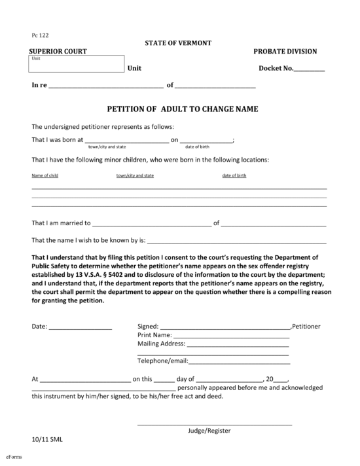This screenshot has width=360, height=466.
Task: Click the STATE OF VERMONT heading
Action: point(179,43)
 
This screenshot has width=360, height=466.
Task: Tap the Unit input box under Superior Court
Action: point(76,64)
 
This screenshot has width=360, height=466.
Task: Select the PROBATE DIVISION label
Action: point(285,52)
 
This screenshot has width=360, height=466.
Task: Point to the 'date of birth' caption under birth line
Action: point(197,147)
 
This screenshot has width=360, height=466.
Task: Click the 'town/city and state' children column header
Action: point(135,175)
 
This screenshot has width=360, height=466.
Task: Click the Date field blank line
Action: point(81,327)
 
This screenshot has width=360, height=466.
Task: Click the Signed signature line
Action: point(225,327)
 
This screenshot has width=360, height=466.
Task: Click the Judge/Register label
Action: point(209,431)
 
